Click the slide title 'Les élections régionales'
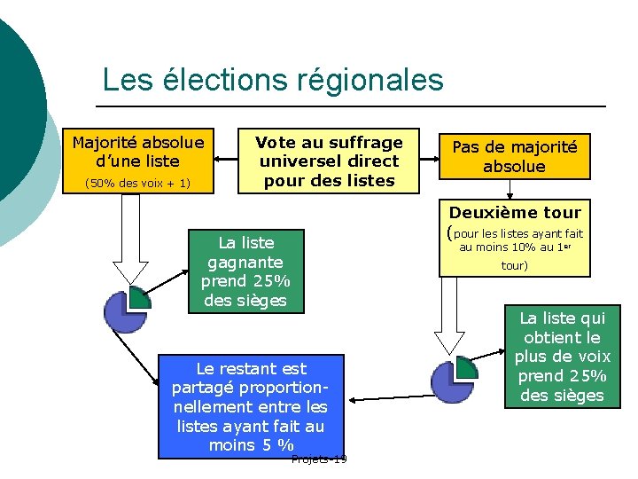272,80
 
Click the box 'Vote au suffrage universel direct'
329,161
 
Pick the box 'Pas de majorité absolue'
514,156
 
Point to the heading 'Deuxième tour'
515,212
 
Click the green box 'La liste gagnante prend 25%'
245,271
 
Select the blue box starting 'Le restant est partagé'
250,405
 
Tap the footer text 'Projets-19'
319,459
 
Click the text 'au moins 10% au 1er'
519,247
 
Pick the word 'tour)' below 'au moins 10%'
515,265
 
